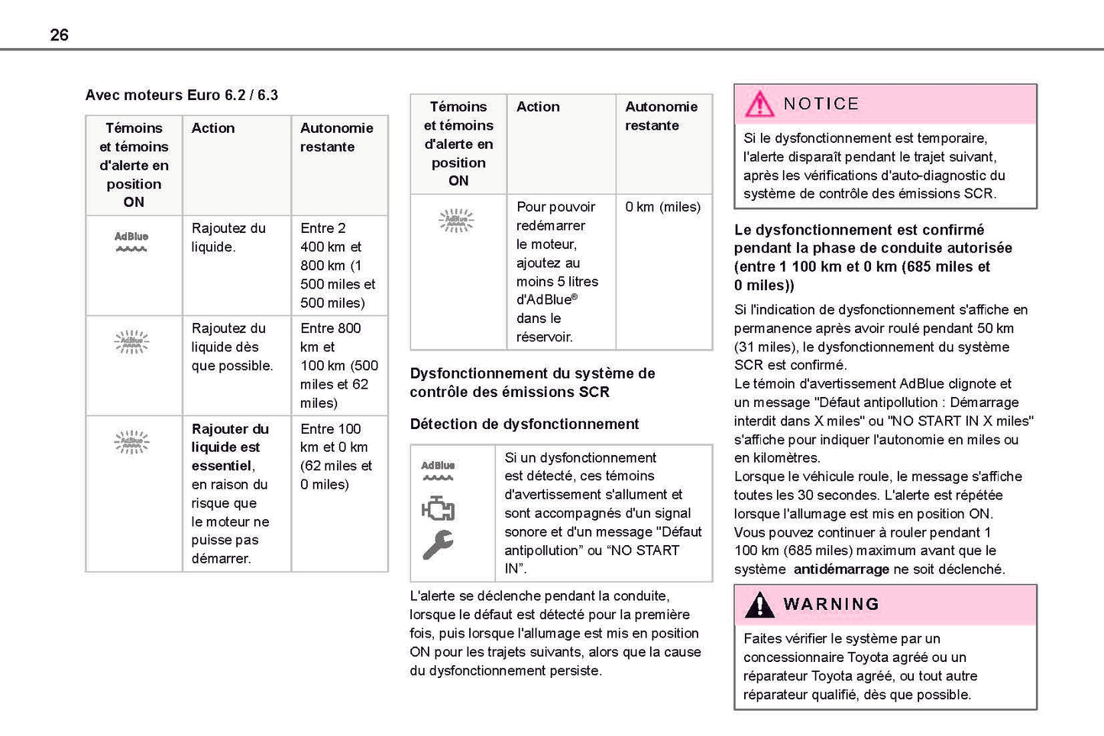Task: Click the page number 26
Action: (59, 34)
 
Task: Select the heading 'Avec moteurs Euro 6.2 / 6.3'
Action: (181, 95)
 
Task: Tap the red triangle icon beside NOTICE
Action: (759, 104)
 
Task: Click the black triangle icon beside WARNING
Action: (759, 605)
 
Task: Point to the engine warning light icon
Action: (438, 508)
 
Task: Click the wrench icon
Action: (438, 544)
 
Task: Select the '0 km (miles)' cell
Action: (662, 207)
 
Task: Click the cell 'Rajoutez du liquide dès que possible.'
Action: (231, 347)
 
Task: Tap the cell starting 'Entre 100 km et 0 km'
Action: (336, 456)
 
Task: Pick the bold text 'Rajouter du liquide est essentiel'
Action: (229, 447)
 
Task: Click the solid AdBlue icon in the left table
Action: (131, 241)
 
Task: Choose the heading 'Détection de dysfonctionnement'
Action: (524, 424)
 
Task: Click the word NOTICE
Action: (821, 104)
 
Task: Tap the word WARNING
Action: (830, 604)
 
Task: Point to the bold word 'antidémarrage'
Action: (840, 570)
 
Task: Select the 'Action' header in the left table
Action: (213, 128)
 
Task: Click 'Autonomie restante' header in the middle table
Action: (661, 116)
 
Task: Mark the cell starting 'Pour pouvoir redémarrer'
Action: (557, 271)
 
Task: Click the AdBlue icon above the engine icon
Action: (438, 470)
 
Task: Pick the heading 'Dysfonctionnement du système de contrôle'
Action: (532, 383)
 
